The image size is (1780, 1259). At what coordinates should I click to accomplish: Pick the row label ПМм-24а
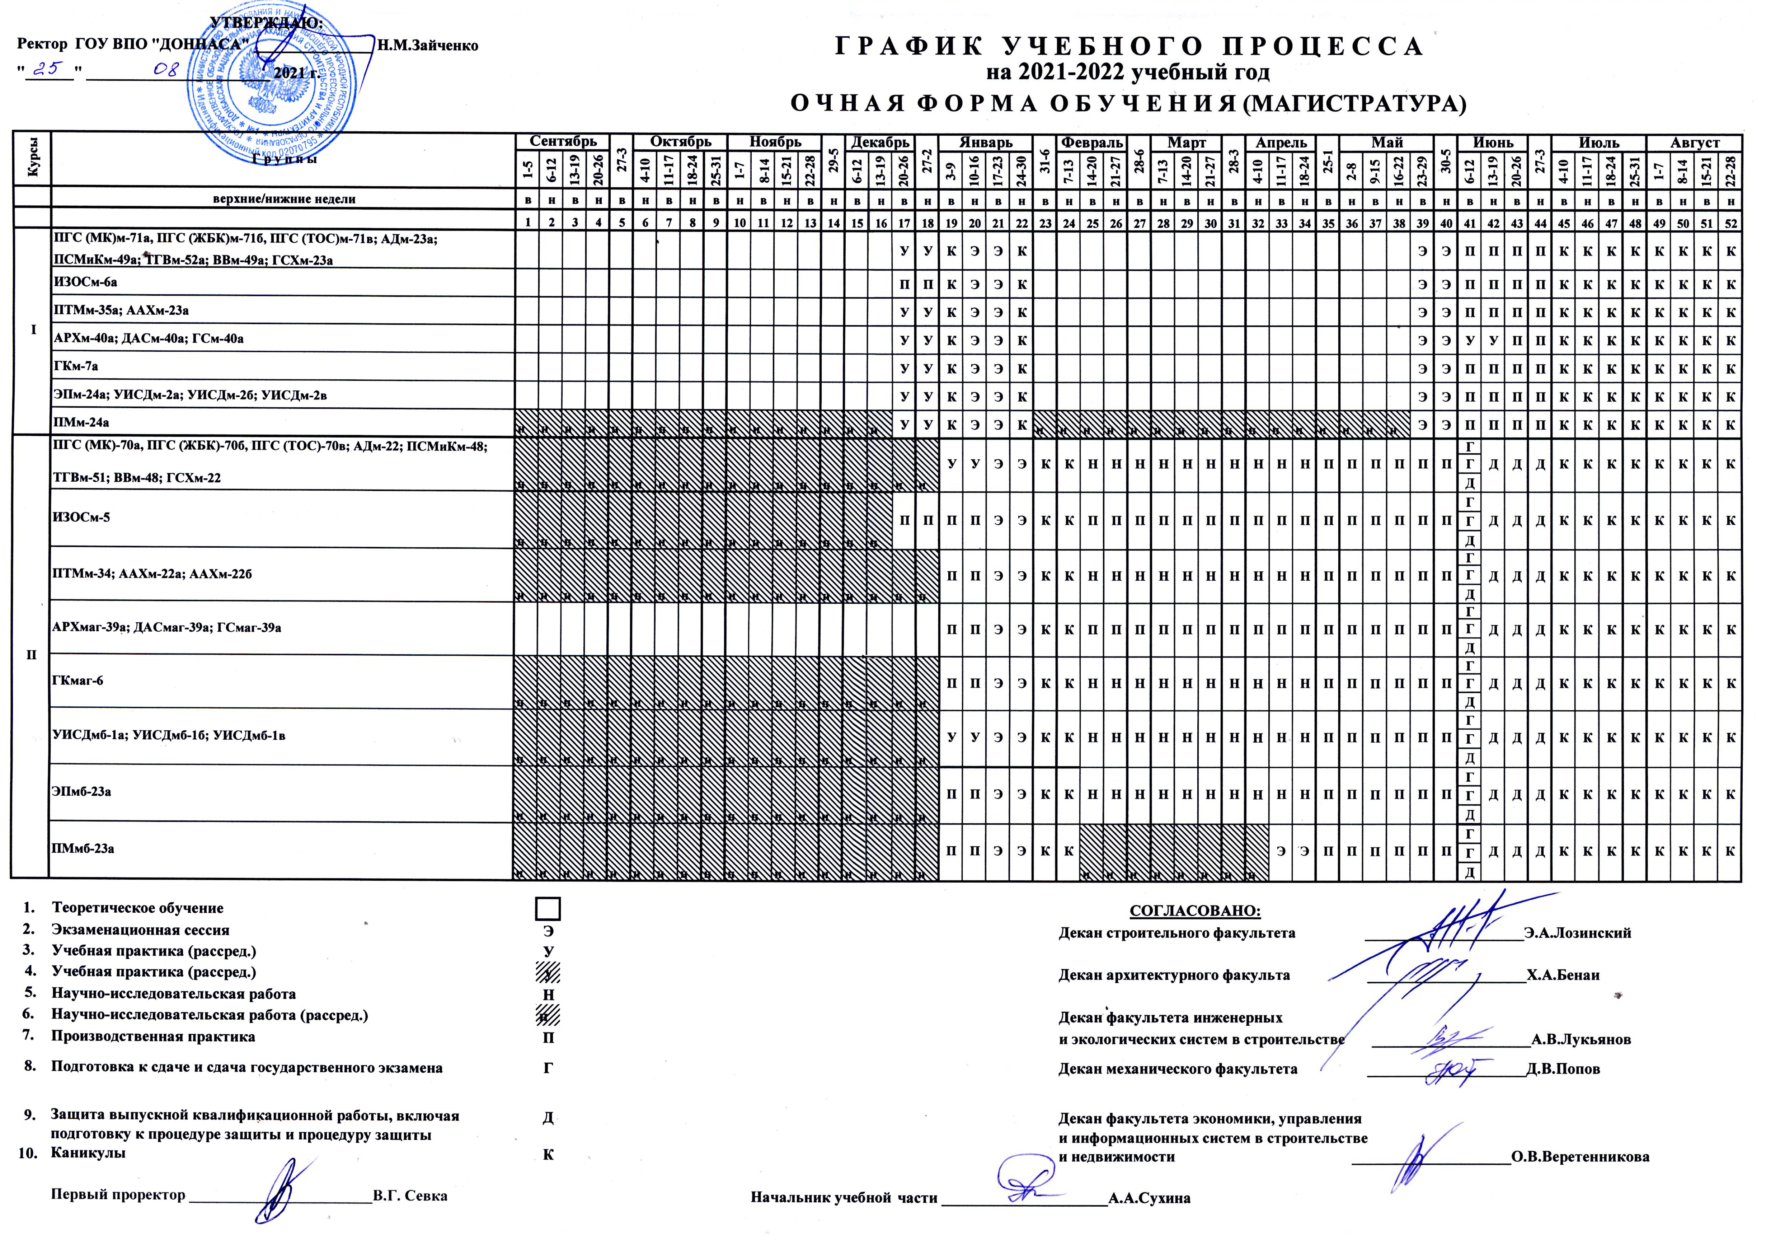pos(80,422)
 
